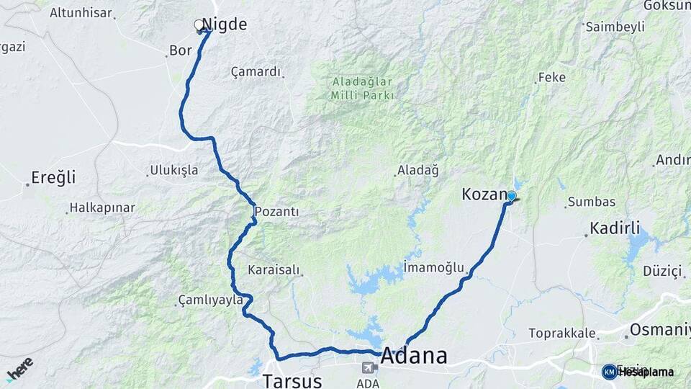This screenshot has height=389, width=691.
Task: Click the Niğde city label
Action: [225, 24]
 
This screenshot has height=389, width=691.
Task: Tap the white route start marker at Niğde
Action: [199, 25]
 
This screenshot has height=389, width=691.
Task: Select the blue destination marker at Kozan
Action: [512, 195]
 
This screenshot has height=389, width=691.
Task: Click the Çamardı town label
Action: [256, 72]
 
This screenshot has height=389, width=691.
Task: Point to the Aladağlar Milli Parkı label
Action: [363, 89]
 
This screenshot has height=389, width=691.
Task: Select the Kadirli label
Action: [615, 228]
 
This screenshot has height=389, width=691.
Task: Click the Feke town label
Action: [551, 77]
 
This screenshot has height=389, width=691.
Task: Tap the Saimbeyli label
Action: [614, 27]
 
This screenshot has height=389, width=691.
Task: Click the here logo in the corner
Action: [19, 368]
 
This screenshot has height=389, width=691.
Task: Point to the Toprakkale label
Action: [562, 333]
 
